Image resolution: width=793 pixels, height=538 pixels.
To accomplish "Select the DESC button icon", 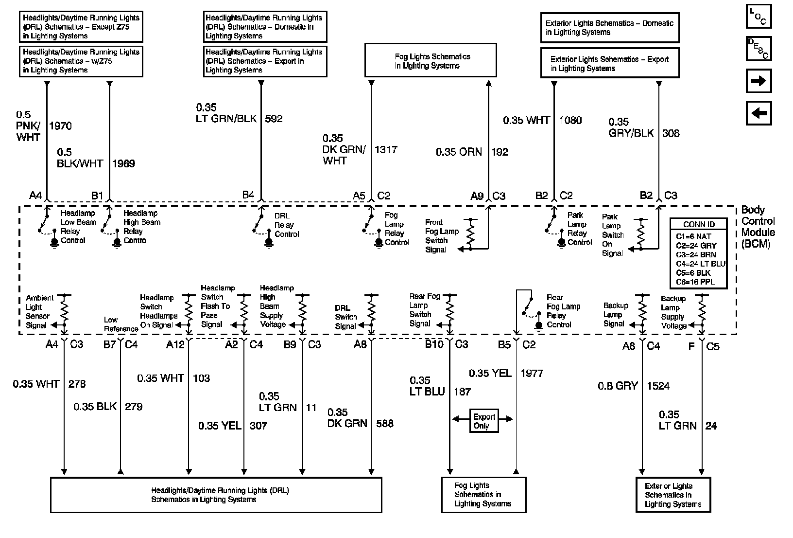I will click(759, 48).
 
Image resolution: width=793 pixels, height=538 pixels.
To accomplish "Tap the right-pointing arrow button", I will click(759, 81).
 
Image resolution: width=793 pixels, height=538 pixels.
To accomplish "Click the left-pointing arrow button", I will click(759, 113).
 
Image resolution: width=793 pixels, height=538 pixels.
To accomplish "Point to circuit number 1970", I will click(60, 126).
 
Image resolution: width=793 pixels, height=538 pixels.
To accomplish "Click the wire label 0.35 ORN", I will click(459, 152).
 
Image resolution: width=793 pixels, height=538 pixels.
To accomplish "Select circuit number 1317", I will click(386, 150).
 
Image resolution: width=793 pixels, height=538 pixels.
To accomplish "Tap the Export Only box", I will click(484, 421).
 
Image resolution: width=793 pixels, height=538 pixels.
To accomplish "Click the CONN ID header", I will click(699, 224).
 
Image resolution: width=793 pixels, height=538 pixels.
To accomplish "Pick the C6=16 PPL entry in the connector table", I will click(695, 282).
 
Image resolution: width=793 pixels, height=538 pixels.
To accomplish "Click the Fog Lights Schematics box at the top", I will click(431, 61).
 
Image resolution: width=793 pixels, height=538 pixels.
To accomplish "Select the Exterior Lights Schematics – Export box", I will click(609, 63).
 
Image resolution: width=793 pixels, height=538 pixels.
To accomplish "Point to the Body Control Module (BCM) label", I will click(758, 227).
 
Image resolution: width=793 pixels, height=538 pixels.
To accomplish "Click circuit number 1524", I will click(658, 386).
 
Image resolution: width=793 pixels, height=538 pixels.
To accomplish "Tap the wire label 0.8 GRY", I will click(618, 386).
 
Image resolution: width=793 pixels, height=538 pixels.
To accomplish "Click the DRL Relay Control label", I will click(286, 225).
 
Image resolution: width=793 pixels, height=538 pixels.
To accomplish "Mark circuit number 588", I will click(385, 424).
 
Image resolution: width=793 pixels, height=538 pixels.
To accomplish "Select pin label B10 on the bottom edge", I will click(434, 344).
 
